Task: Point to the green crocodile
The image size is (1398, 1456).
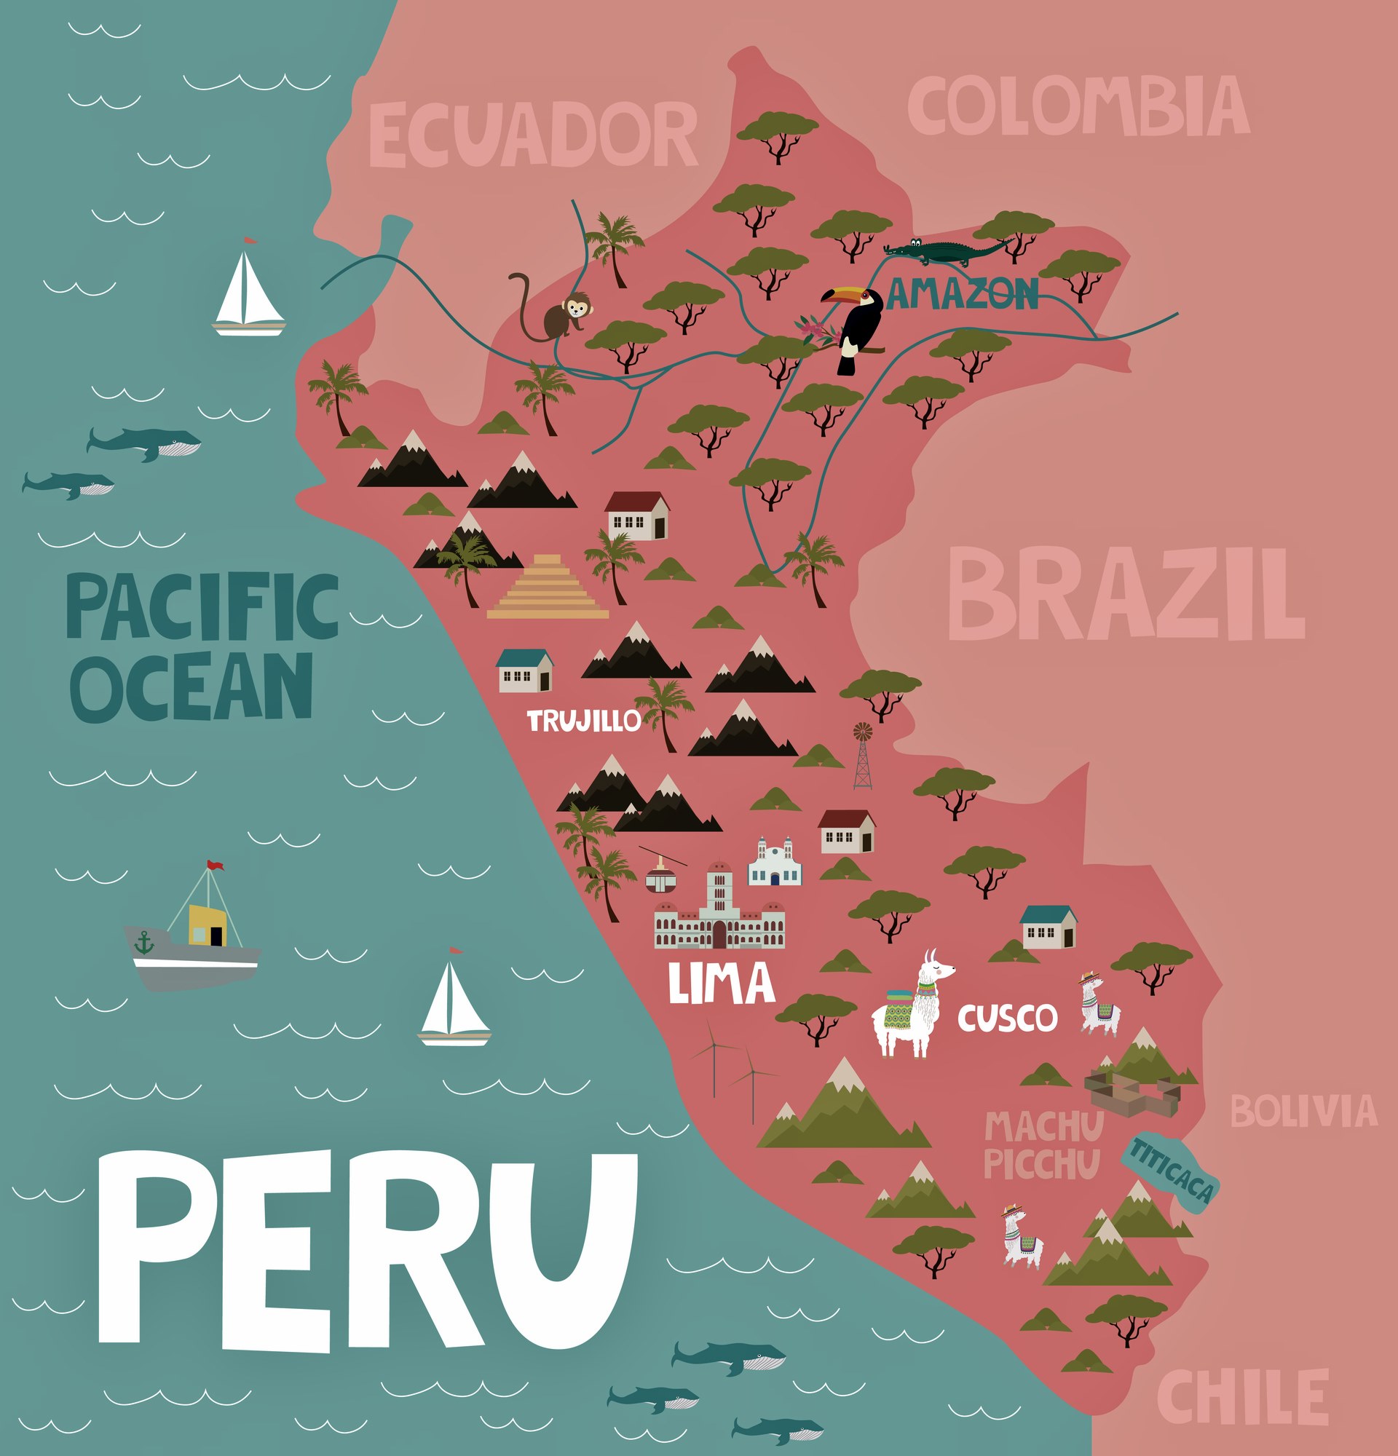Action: click(944, 252)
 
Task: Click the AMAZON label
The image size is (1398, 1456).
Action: click(963, 294)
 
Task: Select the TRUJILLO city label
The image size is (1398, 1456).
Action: click(583, 721)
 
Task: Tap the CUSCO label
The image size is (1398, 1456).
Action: click(1006, 1018)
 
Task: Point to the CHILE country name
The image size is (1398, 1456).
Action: click(1242, 1396)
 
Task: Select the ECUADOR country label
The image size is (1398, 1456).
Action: click(532, 135)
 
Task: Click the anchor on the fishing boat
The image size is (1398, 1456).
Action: click(143, 943)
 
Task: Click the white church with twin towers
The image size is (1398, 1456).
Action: click(775, 863)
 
